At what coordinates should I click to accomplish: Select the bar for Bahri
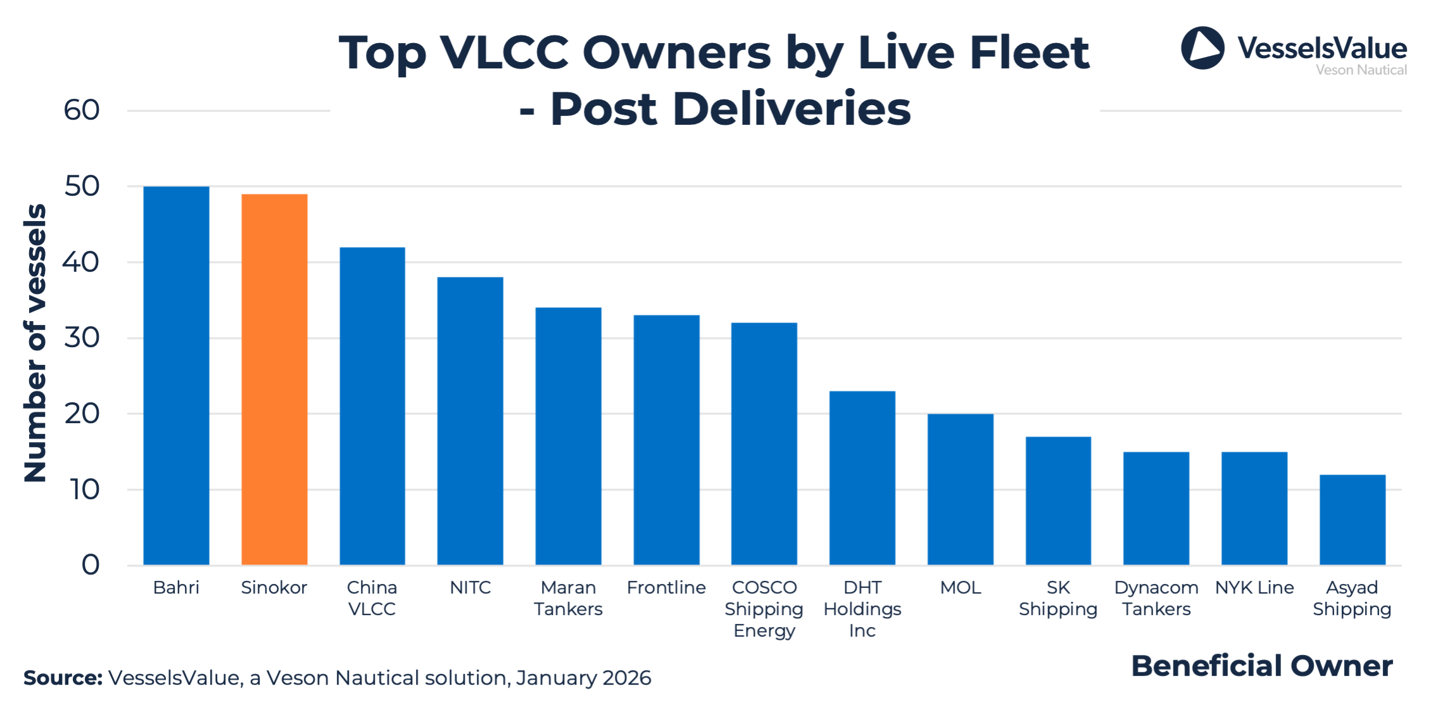point(176,375)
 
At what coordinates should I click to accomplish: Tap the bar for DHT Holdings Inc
point(862,478)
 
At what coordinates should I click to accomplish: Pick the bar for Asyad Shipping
point(1352,519)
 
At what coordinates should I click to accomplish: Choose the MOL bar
point(960,489)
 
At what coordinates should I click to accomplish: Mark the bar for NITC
point(470,421)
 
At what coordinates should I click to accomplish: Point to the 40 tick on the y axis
point(81,262)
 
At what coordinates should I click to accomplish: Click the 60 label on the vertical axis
point(81,110)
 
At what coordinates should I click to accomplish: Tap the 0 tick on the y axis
point(90,564)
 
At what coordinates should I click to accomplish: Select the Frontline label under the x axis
point(666,588)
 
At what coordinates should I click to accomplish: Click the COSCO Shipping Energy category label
point(764,609)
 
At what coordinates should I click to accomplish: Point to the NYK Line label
point(1254,588)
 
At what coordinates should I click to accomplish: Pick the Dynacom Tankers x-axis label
point(1156,598)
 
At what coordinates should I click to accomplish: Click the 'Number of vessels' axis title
point(35,343)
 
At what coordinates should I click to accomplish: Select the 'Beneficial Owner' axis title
point(1261,666)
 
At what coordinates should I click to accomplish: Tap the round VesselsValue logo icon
point(1202,48)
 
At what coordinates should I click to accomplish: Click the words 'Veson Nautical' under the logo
point(1361,70)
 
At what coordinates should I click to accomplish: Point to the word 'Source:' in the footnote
point(63,678)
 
